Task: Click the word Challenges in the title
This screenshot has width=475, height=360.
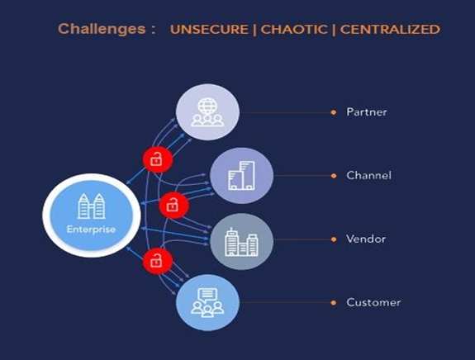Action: click(x=102, y=30)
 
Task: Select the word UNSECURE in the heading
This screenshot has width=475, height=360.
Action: click(x=209, y=30)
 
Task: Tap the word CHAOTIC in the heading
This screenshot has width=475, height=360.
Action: click(x=294, y=30)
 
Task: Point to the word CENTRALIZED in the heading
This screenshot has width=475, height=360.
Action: click(x=390, y=30)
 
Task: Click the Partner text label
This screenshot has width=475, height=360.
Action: click(x=367, y=112)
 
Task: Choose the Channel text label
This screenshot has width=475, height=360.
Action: click(x=368, y=176)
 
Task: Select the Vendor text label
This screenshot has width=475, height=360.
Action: click(x=366, y=239)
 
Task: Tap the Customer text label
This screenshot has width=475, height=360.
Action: click(x=373, y=302)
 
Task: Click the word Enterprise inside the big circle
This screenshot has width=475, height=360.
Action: click(x=91, y=230)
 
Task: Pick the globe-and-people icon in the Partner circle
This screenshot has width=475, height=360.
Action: click(x=207, y=112)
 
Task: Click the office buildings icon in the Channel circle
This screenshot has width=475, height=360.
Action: click(x=241, y=176)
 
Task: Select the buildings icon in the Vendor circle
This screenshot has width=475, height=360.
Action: click(x=241, y=242)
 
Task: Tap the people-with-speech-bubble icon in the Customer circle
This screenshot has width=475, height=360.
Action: click(x=207, y=302)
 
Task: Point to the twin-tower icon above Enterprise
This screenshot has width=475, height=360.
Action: click(x=91, y=206)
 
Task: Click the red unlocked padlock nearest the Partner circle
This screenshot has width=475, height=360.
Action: click(x=158, y=159)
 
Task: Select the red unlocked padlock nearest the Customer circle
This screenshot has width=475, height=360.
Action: click(x=158, y=261)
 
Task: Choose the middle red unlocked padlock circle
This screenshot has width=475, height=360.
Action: click(x=173, y=206)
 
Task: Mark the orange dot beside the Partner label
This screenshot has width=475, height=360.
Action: click(x=334, y=112)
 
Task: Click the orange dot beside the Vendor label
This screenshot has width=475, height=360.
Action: click(x=334, y=239)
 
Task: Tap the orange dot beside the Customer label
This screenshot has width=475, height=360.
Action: click(x=334, y=303)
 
